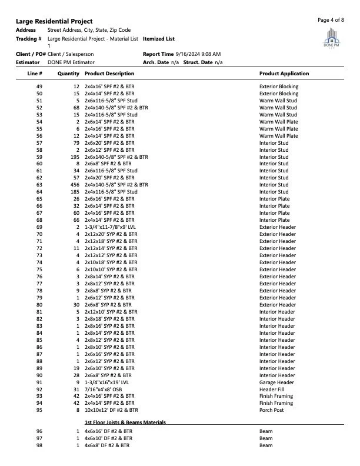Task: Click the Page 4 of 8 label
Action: coord(331,19)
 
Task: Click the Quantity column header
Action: coord(68,74)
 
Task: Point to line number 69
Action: coord(39,227)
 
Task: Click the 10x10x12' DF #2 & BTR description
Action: coord(111,410)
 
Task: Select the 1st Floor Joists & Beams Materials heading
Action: coord(125,422)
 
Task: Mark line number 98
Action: coord(39,445)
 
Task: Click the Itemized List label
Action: coord(159,39)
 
